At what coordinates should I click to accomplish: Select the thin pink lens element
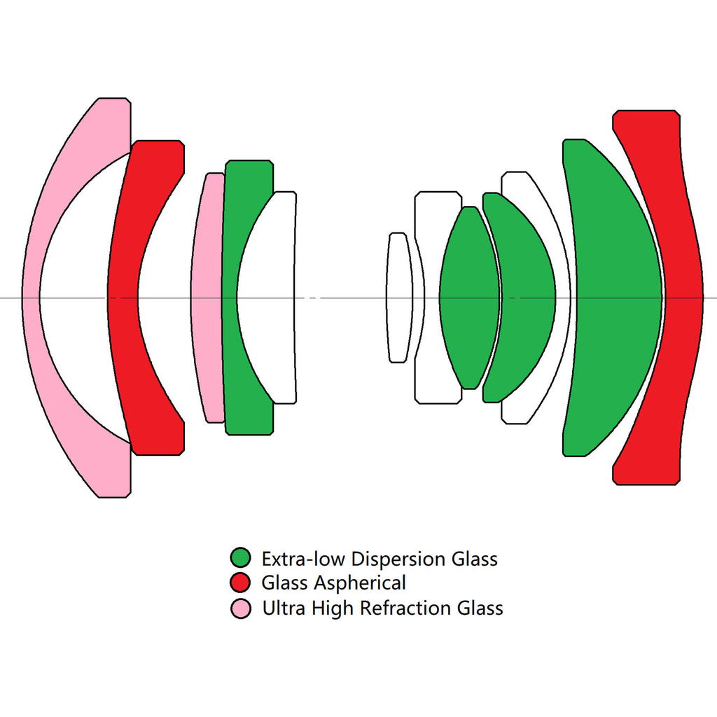click(x=207, y=298)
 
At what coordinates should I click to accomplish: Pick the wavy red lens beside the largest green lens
click(x=683, y=298)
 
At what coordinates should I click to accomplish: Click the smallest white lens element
click(x=398, y=298)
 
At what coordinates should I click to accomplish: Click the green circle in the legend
click(x=240, y=558)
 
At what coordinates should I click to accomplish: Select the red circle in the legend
click(x=240, y=583)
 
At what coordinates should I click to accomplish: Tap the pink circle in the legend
click(x=240, y=608)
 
